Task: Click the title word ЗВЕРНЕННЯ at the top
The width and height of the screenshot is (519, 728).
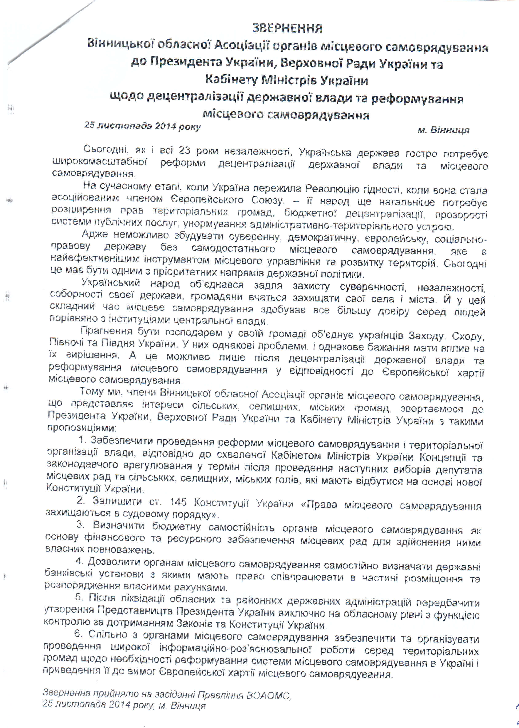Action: click(287, 29)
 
